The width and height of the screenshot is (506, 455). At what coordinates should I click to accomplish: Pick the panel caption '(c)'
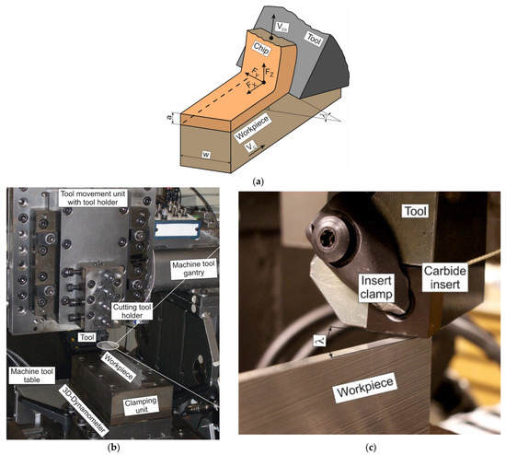[x=371, y=446]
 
